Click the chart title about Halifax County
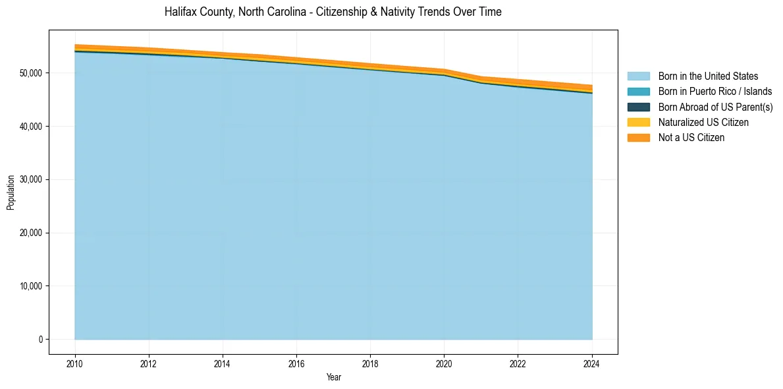[333, 12]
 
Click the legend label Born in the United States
[708, 76]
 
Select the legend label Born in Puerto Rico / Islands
[715, 92]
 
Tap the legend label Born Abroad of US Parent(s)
[715, 107]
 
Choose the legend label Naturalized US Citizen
[703, 123]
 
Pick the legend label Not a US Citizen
[691, 138]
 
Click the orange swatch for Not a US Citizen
[638, 138]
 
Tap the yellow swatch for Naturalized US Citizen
[638, 123]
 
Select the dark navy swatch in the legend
[638, 107]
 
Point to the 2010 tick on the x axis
[75, 363]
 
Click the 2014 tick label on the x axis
[223, 363]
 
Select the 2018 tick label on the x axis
[370, 363]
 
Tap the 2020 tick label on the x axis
[444, 363]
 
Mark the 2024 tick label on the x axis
[592, 363]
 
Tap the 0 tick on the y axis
[40, 340]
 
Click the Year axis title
[333, 377]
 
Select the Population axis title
[11, 192]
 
